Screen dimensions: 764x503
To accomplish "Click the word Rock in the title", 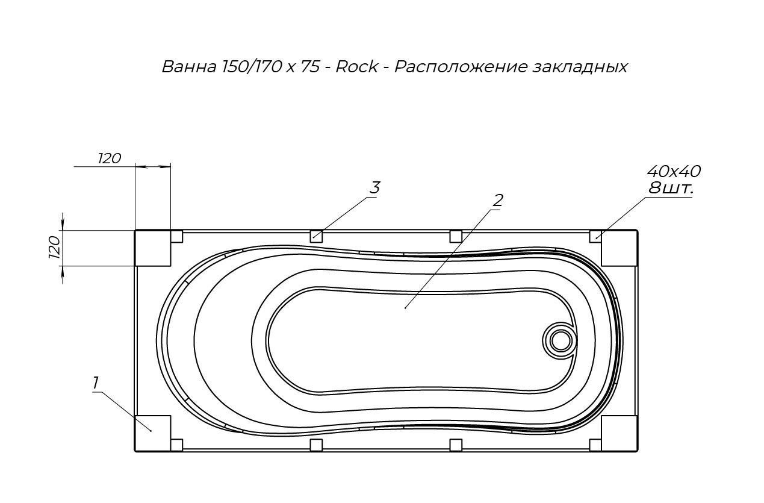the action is pyautogui.click(x=357, y=66).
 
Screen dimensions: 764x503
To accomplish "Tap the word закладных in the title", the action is pyautogui.click(x=580, y=67).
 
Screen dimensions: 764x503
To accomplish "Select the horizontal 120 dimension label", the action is pyautogui.click(x=110, y=158).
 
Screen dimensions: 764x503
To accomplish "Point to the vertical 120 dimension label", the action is pyautogui.click(x=55, y=247).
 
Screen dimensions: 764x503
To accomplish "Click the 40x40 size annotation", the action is pyautogui.click(x=674, y=171).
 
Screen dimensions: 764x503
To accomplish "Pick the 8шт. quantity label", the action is pyautogui.click(x=671, y=188).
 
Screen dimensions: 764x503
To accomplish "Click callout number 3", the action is pyautogui.click(x=375, y=187).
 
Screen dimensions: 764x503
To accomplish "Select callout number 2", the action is pyautogui.click(x=498, y=201).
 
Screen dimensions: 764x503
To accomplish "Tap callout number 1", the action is pyautogui.click(x=96, y=383).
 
